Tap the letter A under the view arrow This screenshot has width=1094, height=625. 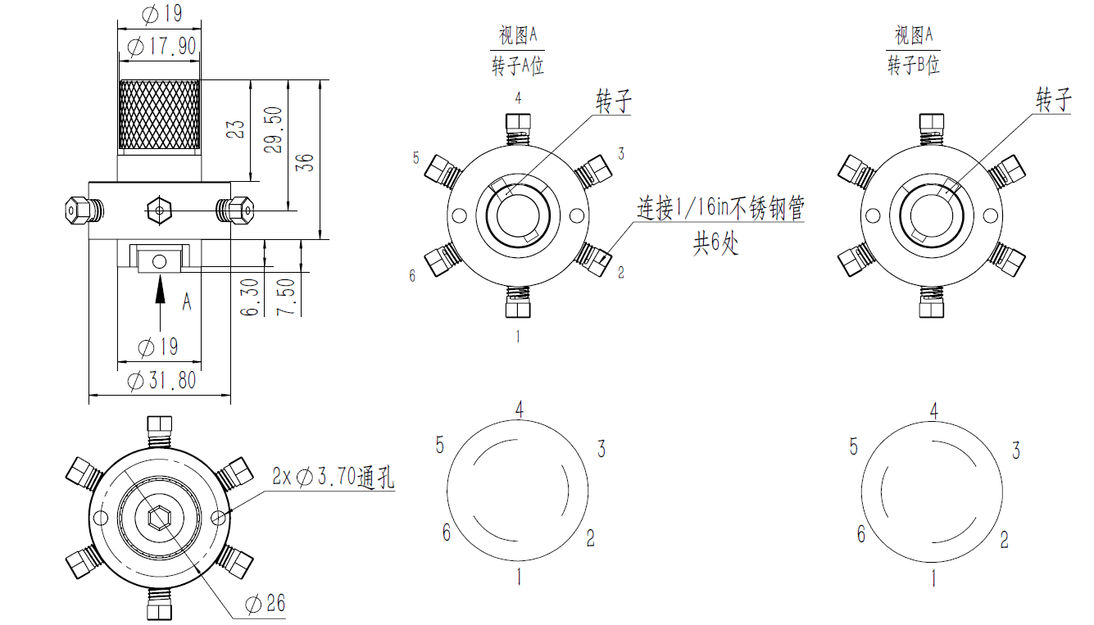(187, 302)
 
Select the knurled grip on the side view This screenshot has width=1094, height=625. (160, 115)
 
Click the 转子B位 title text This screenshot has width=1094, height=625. (914, 66)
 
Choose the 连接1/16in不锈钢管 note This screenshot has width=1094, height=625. (721, 209)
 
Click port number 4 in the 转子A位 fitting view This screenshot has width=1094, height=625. (518, 98)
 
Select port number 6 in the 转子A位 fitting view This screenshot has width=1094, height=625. (412, 276)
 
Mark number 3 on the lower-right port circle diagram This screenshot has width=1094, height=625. (1016, 450)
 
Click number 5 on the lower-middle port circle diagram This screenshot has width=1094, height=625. (440, 446)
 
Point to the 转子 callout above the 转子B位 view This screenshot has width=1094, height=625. (1054, 102)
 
